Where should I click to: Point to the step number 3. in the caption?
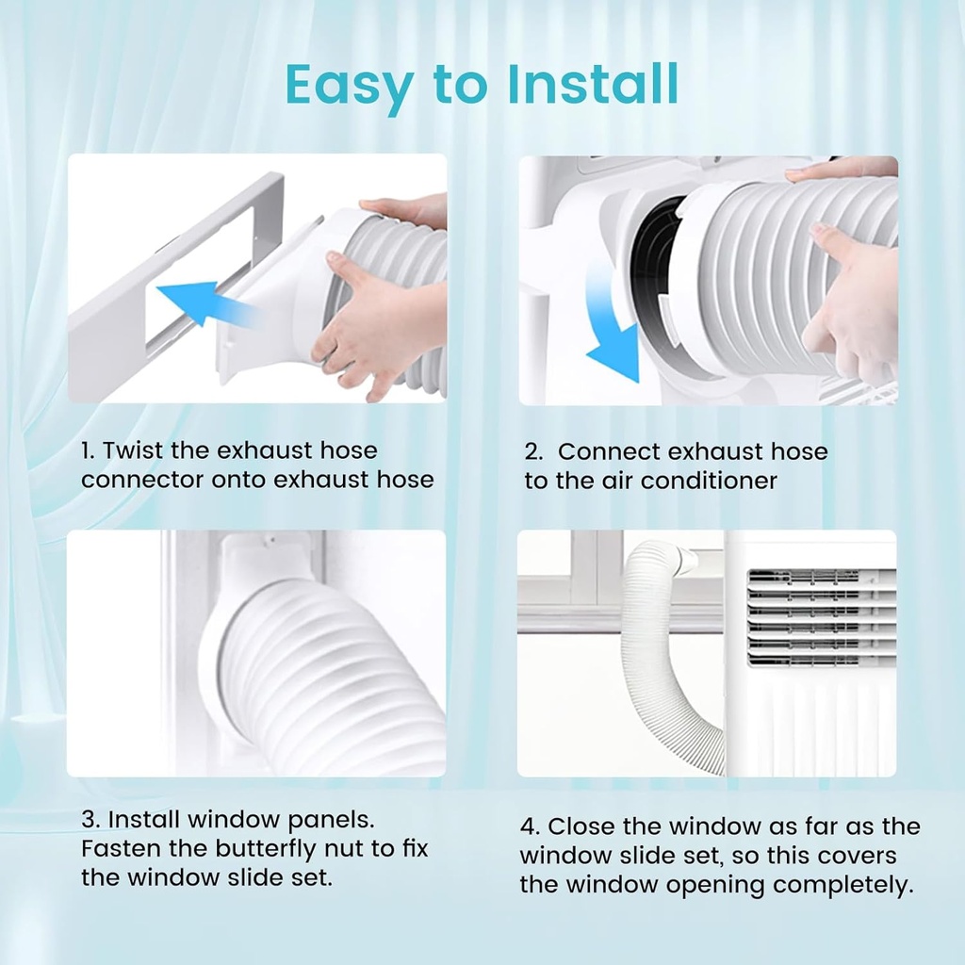[90, 820]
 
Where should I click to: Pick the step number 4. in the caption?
[530, 826]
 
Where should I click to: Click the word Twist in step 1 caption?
[132, 451]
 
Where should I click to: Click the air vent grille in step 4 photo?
[820, 617]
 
